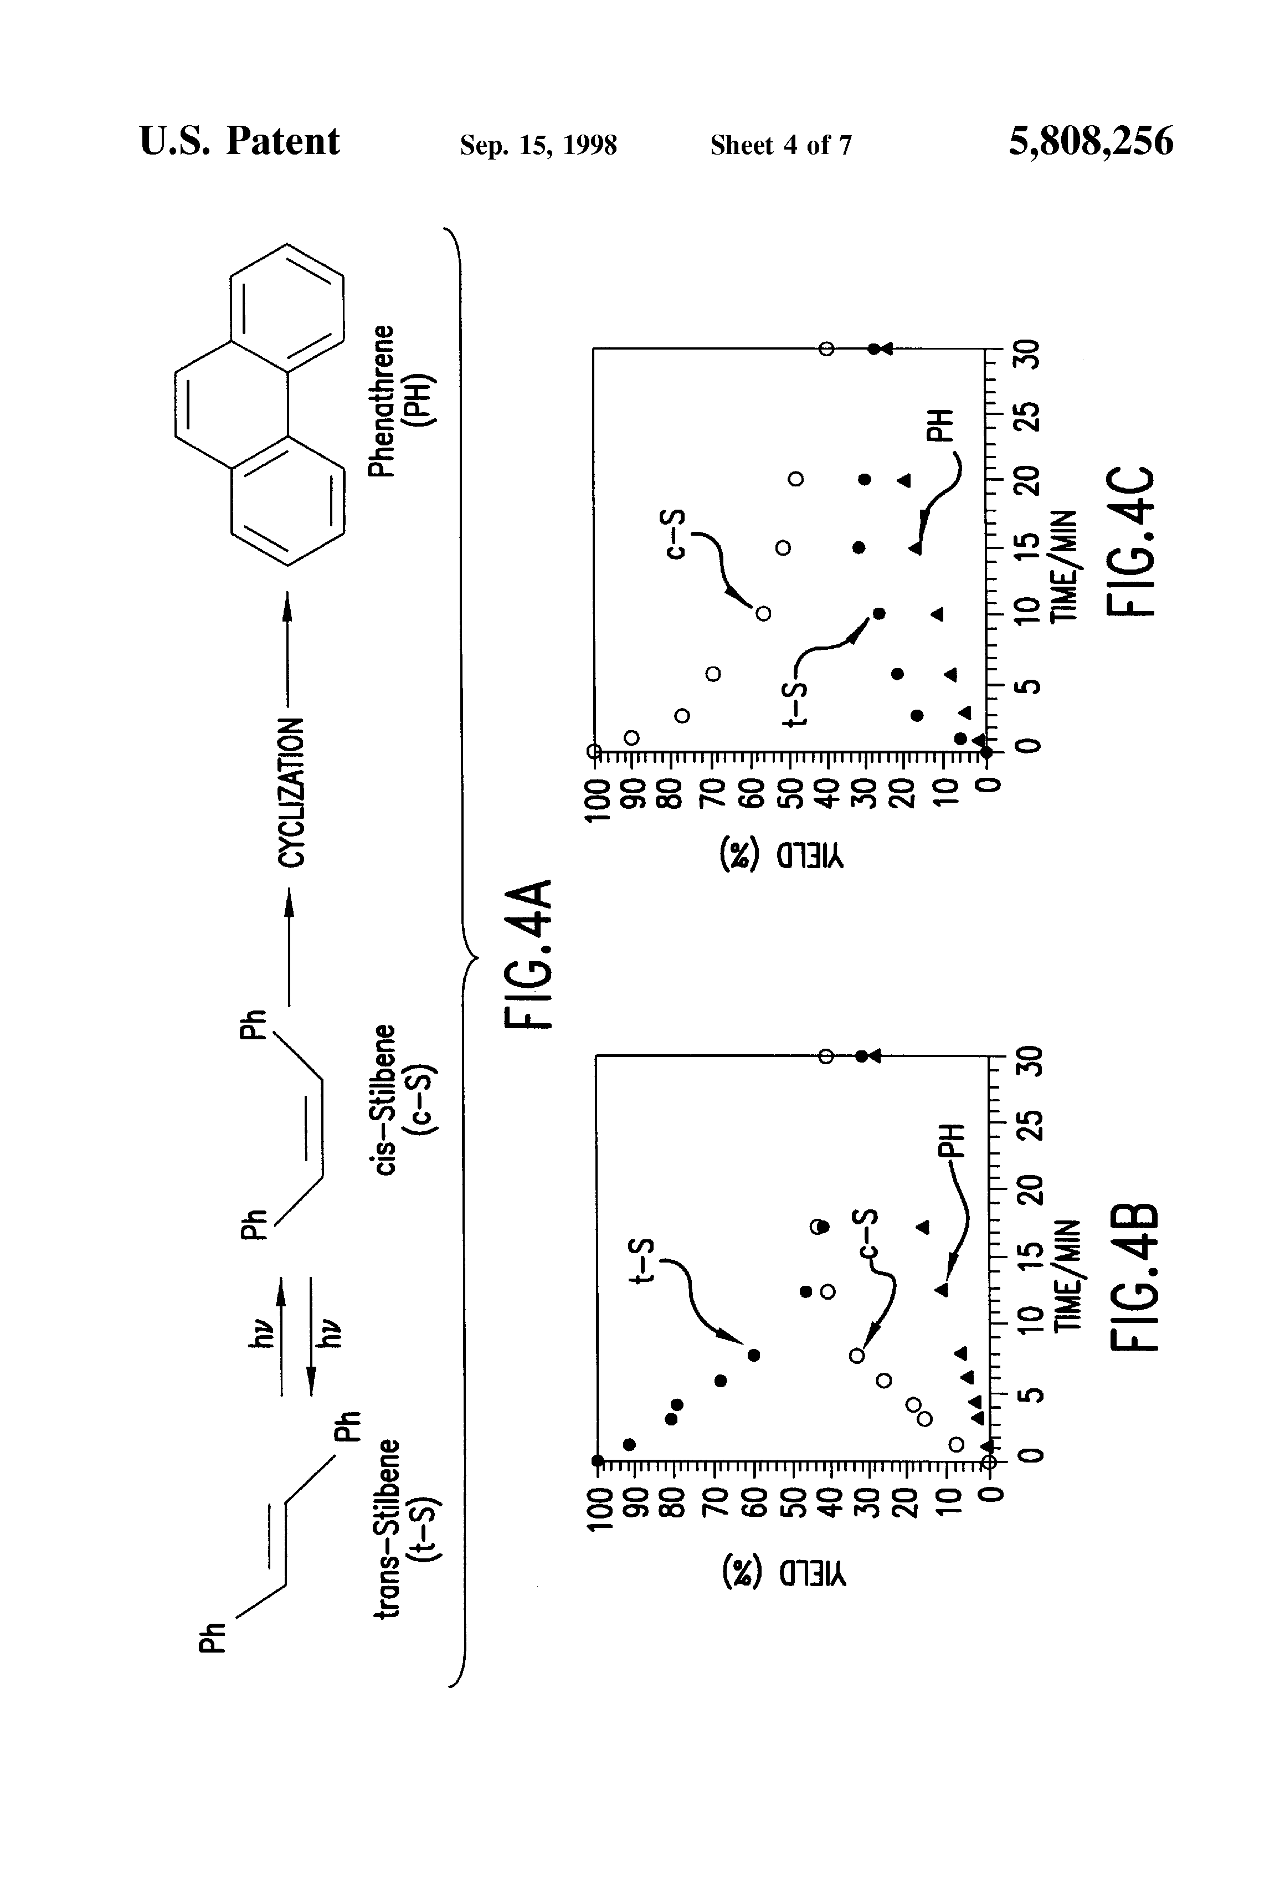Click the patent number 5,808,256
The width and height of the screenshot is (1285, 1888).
click(x=1090, y=141)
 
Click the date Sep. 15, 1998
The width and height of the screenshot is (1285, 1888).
click(x=538, y=145)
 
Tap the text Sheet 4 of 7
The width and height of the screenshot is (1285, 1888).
click(x=780, y=145)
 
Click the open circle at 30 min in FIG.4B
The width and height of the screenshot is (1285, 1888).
click(x=825, y=1056)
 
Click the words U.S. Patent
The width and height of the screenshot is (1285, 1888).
click(x=239, y=141)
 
